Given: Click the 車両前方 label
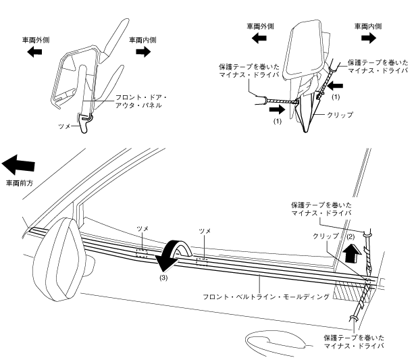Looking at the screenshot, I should click(20, 182).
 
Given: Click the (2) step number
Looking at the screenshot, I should click(350, 237).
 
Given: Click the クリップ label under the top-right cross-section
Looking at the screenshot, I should click(340, 116).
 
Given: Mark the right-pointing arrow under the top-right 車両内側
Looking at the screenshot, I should click(367, 38).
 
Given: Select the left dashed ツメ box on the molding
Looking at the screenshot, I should click(142, 253).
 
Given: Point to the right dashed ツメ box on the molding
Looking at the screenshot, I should click(202, 260).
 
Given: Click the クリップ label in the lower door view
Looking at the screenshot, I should click(324, 238).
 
